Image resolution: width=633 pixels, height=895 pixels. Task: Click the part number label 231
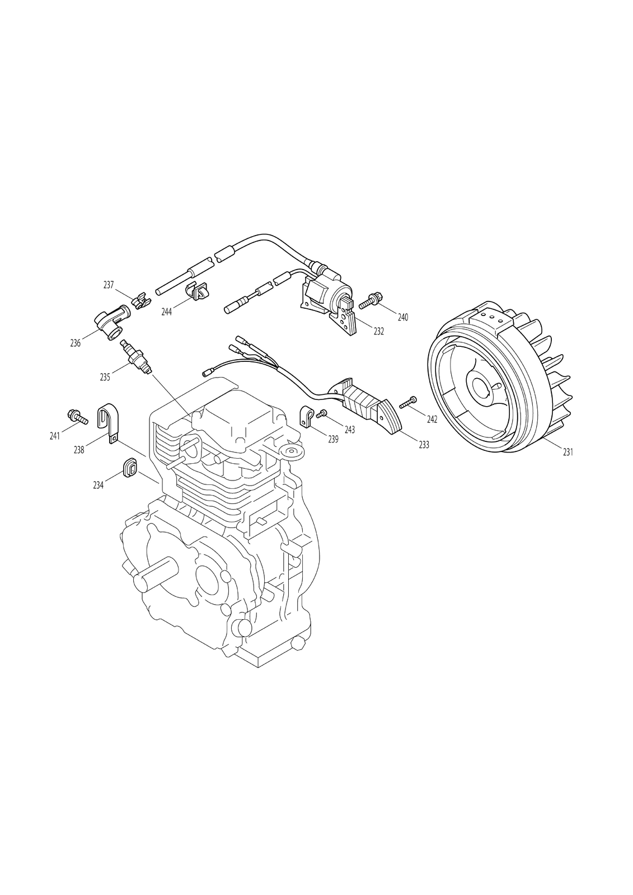point(568,453)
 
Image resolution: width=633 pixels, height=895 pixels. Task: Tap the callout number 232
point(379,331)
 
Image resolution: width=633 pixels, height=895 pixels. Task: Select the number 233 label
point(424,444)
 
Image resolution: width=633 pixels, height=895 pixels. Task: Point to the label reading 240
point(402,317)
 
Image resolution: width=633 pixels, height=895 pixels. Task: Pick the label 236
point(75,343)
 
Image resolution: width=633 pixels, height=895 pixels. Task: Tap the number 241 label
point(54,436)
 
